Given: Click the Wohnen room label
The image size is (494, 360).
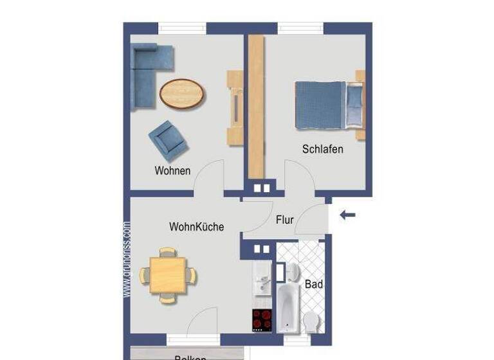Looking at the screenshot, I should [x=172, y=171].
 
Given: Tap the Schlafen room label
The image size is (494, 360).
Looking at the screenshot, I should [x=322, y=149].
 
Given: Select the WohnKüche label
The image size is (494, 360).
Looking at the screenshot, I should [x=196, y=227].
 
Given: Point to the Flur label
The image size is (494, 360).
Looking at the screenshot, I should [x=284, y=220].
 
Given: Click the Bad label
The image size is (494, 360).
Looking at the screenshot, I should [x=314, y=284].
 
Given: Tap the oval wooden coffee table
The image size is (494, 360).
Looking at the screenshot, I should [x=183, y=94].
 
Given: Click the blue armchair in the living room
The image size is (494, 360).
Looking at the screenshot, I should [x=169, y=140].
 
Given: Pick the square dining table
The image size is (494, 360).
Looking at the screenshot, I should [x=169, y=275].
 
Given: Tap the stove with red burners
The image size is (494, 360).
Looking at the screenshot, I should [x=262, y=319].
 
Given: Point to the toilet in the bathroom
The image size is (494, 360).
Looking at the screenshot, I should [x=312, y=321].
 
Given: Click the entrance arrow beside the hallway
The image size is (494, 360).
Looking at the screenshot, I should [x=347, y=215].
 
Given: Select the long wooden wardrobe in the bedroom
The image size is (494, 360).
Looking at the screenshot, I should [x=256, y=106].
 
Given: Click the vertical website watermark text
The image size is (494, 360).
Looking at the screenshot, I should [x=127, y=260].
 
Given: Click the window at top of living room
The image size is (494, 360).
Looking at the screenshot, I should [x=183, y=28].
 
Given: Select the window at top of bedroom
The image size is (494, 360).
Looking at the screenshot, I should [x=300, y=28].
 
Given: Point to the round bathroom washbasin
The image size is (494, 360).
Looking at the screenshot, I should [x=291, y=271].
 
